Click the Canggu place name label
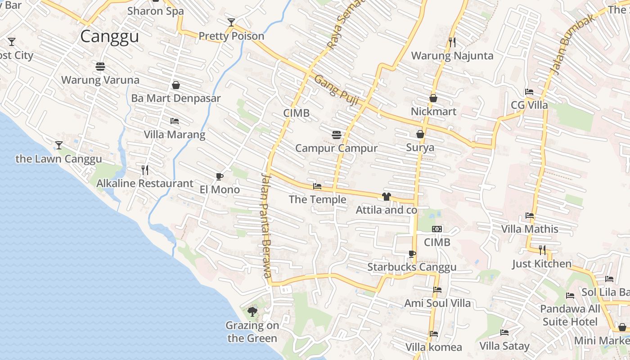(109, 36)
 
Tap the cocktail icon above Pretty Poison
(231, 22)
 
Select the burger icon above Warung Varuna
(100, 67)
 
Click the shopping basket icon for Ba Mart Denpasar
(176, 85)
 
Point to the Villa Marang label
(175, 135)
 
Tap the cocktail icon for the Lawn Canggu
(59, 145)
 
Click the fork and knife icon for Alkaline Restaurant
(145, 170)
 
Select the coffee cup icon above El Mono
(219, 176)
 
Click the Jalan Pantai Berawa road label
(266, 225)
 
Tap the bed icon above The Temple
(317, 186)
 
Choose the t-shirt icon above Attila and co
(386, 197)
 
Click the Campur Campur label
(336, 148)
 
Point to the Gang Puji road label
(336, 90)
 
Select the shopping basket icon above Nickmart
(433, 98)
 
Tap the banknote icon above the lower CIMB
(437, 229)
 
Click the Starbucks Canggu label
(412, 267)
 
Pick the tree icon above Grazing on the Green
(252, 311)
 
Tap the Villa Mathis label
(530, 229)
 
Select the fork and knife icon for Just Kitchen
(542, 250)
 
